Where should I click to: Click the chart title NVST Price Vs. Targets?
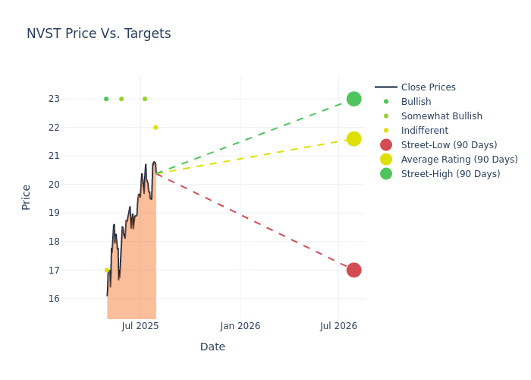99,33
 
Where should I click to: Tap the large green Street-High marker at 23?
353,99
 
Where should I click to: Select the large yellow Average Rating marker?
353,138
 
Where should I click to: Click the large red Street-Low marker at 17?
353,270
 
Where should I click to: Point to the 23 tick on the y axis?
54,99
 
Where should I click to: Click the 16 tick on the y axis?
54,299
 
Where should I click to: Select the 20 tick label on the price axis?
54,185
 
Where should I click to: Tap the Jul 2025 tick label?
140,326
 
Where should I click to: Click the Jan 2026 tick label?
240,326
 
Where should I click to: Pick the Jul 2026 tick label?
338,326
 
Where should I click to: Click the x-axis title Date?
212,347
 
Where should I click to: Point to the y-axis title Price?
27,197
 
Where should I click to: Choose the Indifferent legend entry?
424,131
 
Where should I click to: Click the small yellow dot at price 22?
156,128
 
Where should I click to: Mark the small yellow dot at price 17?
106,270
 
